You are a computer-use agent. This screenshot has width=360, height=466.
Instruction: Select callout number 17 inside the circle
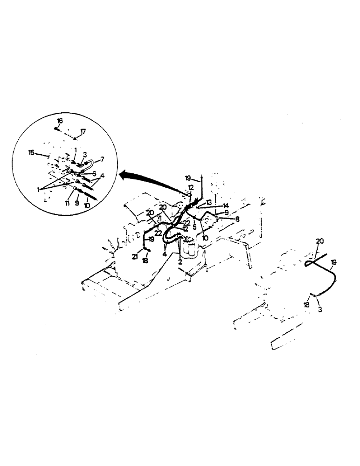[83, 132]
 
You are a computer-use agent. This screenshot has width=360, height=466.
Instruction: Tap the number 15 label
[31, 152]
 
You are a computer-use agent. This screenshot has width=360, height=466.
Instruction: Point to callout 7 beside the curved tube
[102, 159]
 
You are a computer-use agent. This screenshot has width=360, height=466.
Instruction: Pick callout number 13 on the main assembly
[208, 202]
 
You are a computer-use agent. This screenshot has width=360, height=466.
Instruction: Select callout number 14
[225, 206]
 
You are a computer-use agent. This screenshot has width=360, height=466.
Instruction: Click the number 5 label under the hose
[194, 228]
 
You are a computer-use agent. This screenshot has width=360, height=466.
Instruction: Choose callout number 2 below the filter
[179, 262]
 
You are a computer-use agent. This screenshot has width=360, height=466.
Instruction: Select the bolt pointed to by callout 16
[56, 128]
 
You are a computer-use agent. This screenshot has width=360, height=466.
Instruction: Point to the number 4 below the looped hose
[164, 254]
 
